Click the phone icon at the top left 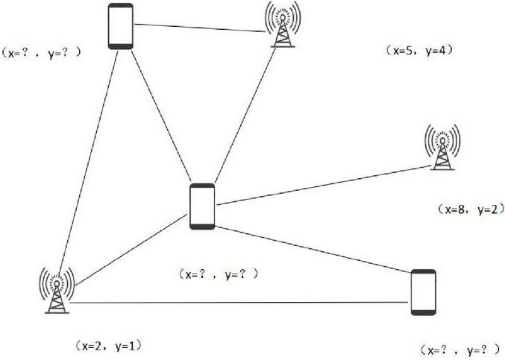coord(120,26)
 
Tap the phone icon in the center coord(201,205)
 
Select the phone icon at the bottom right coord(423,293)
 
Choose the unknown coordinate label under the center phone coord(219,274)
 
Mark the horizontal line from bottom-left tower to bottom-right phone coord(239,302)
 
